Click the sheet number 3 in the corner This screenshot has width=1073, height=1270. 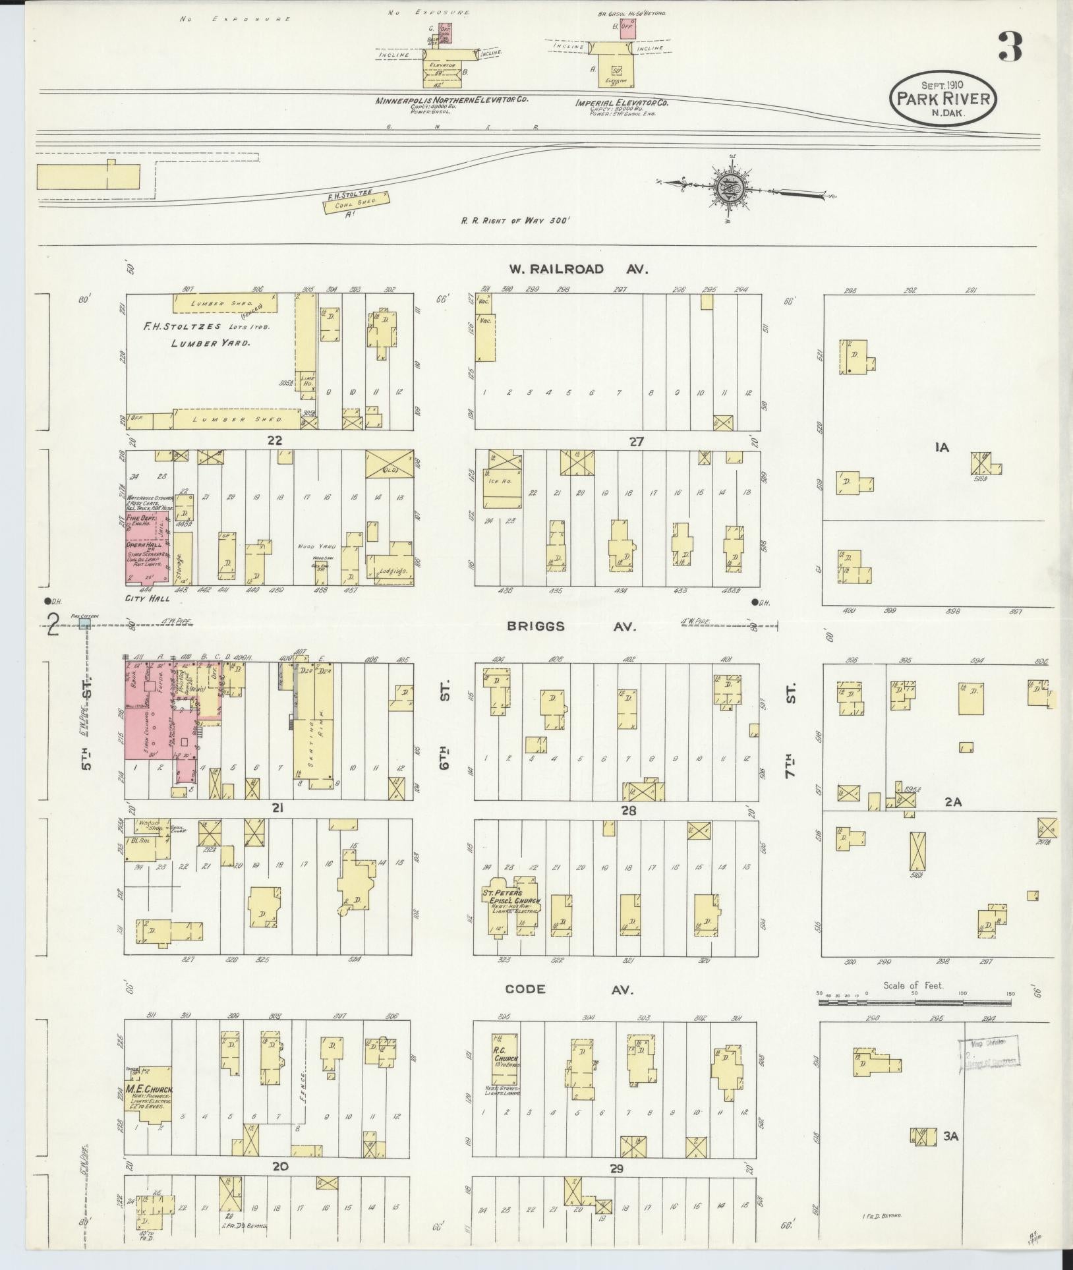[1010, 46]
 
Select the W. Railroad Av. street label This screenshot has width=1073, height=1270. [578, 269]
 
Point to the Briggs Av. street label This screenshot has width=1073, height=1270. [572, 627]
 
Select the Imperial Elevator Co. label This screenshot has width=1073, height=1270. [622, 103]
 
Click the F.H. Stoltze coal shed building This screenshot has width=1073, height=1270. [357, 201]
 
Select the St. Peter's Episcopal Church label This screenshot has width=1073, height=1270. [512, 898]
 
